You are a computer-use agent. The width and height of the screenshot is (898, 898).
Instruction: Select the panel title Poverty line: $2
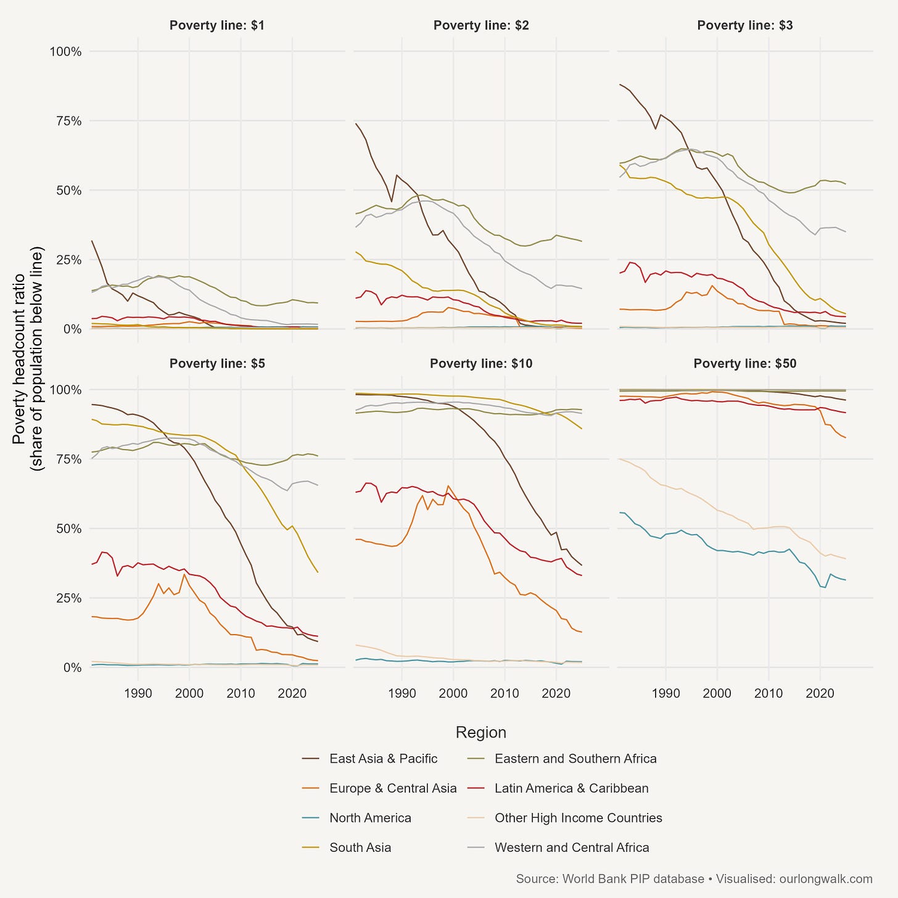[481, 25]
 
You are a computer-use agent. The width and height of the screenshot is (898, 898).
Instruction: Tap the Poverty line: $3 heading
[745, 25]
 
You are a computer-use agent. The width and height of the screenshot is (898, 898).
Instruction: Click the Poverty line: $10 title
[481, 364]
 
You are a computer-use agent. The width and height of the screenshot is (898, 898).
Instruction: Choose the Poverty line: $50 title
[745, 364]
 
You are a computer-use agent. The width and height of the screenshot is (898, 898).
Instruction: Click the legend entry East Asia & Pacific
[383, 759]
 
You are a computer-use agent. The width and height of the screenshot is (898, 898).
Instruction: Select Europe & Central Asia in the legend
[393, 788]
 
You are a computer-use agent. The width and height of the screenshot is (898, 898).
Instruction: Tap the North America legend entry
[370, 818]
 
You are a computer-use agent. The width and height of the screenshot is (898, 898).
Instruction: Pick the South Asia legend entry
[360, 847]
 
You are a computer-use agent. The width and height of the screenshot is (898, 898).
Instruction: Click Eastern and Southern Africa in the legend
[575, 759]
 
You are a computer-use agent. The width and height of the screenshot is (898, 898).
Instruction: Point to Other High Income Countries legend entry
[578, 818]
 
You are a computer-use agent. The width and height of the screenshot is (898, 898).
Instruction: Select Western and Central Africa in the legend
[572, 847]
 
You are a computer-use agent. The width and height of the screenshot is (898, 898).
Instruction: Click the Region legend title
[480, 732]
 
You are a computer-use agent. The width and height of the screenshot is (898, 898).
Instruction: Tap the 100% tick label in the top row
[65, 51]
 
